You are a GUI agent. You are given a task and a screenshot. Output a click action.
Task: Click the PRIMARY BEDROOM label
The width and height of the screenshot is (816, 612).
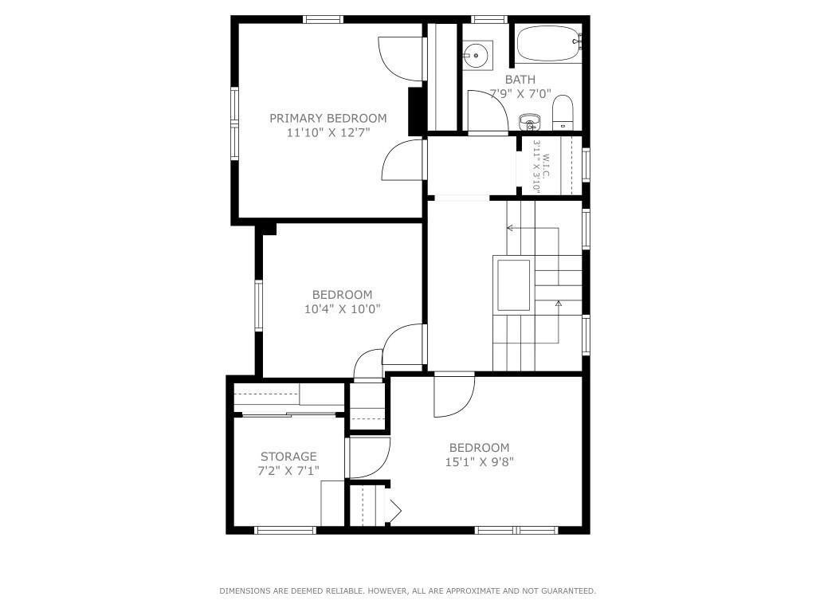[x=328, y=119]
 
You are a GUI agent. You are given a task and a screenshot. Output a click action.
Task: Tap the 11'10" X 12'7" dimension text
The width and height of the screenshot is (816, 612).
[x=328, y=133]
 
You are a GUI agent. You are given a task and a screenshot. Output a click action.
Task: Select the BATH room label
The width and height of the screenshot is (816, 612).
[x=520, y=80]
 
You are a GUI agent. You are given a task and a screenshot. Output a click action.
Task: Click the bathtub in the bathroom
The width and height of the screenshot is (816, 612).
[x=547, y=44]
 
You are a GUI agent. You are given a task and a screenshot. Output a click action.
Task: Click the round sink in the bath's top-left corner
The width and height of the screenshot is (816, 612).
[x=477, y=55]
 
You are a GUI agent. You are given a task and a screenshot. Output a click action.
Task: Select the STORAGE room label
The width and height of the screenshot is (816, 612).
[x=288, y=457]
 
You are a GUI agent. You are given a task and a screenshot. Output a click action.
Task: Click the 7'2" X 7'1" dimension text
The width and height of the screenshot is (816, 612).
[x=288, y=471]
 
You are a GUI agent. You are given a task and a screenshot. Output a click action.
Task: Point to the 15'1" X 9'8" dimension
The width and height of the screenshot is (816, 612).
[x=479, y=461]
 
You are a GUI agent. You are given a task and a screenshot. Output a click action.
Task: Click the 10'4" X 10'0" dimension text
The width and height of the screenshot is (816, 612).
[x=342, y=309]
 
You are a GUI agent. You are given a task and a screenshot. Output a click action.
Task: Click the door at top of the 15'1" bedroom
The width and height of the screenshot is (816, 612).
[x=453, y=396]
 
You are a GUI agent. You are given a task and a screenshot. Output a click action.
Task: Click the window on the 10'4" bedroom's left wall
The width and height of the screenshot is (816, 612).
[x=258, y=305]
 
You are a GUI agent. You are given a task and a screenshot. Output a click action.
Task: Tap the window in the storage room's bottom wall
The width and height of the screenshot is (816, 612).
[x=284, y=530]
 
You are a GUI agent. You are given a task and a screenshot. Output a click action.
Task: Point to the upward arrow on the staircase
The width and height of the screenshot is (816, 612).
[x=559, y=304]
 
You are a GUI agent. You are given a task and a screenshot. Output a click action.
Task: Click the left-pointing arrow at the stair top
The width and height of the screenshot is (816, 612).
[x=510, y=229]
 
